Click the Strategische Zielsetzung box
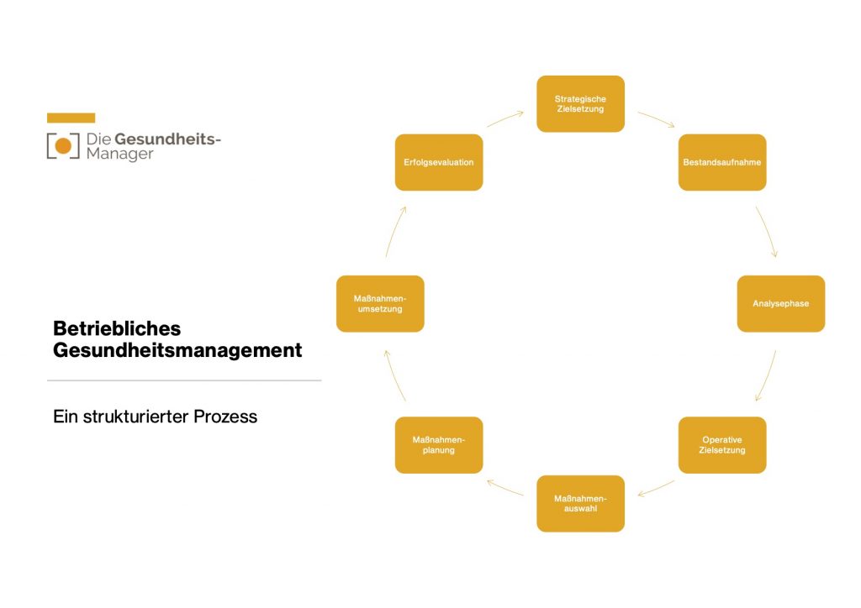(x=580, y=104)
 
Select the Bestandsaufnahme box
(x=721, y=162)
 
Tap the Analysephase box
(x=780, y=303)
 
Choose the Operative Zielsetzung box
(x=721, y=445)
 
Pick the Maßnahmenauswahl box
(x=580, y=503)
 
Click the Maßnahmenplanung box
(x=439, y=445)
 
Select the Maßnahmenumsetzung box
(x=380, y=303)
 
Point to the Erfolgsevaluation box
(x=439, y=162)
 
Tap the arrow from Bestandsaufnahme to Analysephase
(x=766, y=231)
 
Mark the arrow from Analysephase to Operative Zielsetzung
(x=766, y=375)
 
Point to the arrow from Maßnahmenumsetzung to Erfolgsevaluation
(x=395, y=231)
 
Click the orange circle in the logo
(x=63, y=146)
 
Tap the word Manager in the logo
(x=120, y=155)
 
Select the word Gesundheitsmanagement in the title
(x=177, y=350)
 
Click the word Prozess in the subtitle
(x=225, y=417)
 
